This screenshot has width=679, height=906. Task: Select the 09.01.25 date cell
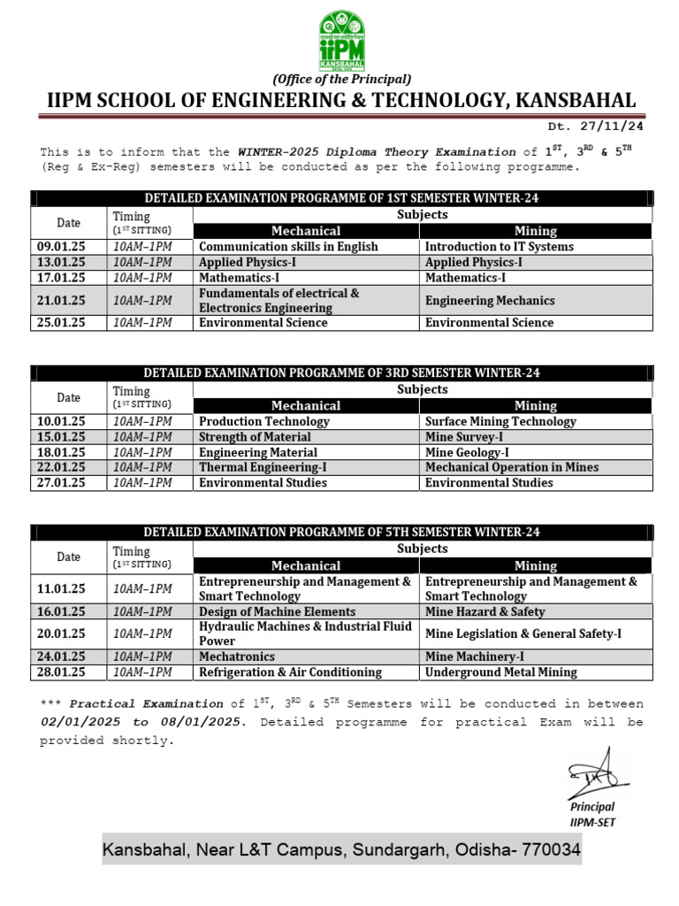pyautogui.click(x=60, y=247)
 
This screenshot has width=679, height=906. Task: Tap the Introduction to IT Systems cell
pyautogui.click(x=499, y=247)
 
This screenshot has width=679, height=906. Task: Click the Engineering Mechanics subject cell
pyautogui.click(x=490, y=301)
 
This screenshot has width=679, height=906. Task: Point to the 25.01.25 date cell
pyautogui.click(x=60, y=323)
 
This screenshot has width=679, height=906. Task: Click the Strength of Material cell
pyautogui.click(x=255, y=437)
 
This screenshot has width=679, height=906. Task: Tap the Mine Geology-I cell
pyautogui.click(x=467, y=452)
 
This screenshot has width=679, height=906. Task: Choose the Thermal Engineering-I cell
pyautogui.click(x=263, y=467)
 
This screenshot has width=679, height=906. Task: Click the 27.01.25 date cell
pyautogui.click(x=60, y=483)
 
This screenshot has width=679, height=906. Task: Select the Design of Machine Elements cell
pyautogui.click(x=277, y=612)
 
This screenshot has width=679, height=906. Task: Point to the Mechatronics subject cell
pyautogui.click(x=237, y=657)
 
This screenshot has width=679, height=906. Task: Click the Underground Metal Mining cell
pyautogui.click(x=500, y=672)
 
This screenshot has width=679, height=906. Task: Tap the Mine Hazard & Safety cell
pyautogui.click(x=484, y=612)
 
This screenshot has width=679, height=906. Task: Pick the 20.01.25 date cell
pyautogui.click(x=60, y=634)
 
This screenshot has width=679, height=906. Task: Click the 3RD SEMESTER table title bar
pyautogui.click(x=341, y=373)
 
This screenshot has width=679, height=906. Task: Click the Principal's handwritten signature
pyautogui.click(x=595, y=770)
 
